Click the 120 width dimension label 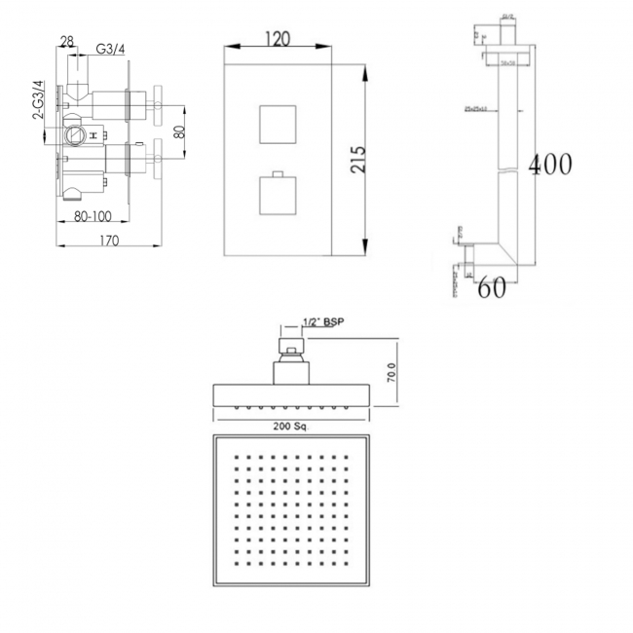click(280, 39)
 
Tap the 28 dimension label click(67, 40)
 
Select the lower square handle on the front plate click(279, 197)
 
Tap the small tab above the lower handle click(279, 173)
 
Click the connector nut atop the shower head click(290, 348)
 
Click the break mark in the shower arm click(507, 173)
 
